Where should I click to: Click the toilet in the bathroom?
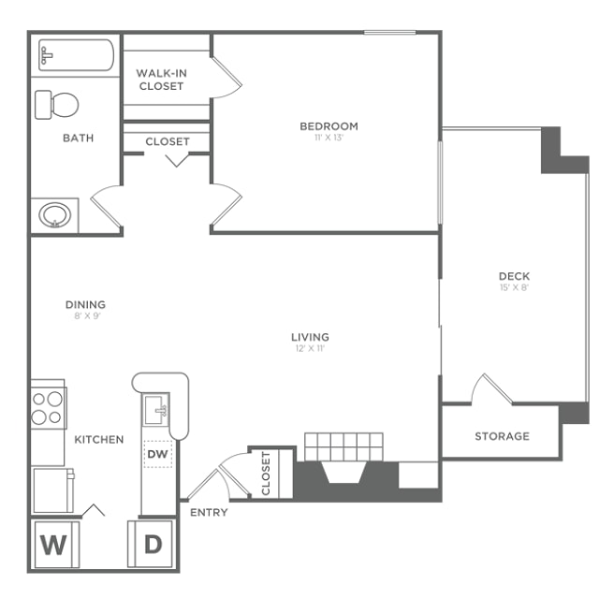click(56, 105)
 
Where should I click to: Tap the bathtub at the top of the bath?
click(76, 55)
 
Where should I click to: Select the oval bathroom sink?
click(55, 214)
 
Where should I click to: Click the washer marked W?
click(56, 545)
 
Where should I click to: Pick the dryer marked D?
click(150, 544)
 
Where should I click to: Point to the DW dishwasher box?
click(158, 454)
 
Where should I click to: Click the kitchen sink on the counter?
click(156, 410)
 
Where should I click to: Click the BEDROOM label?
click(329, 126)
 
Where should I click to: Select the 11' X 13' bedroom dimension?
click(329, 138)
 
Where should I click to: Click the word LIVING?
click(310, 337)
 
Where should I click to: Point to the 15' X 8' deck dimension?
click(514, 287)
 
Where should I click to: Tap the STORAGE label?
click(503, 436)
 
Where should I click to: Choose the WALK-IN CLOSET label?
click(161, 80)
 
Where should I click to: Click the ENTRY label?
click(209, 512)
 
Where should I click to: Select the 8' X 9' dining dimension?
click(87, 316)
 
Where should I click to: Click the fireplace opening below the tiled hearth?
click(345, 473)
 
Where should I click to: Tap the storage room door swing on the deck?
click(493, 388)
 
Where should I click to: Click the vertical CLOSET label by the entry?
click(266, 474)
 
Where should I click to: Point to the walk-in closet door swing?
click(226, 78)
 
